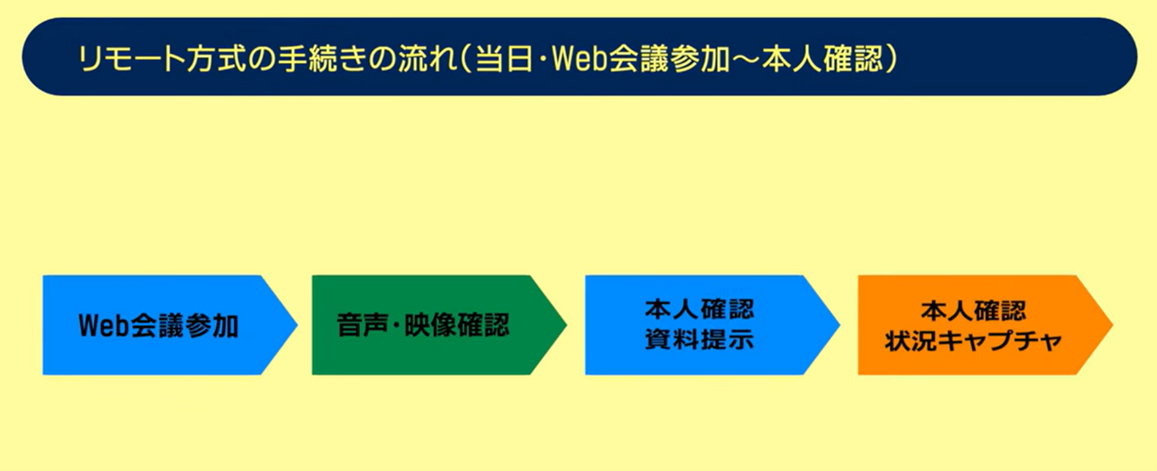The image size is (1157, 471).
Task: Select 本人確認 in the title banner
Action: pyautogui.click(x=823, y=59)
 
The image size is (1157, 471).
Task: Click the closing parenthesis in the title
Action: pyautogui.click(x=891, y=59)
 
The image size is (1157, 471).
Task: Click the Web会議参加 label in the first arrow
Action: pyautogui.click(x=158, y=326)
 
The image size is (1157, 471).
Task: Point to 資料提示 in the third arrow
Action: pyautogui.click(x=700, y=340)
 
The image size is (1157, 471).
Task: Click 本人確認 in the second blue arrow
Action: pyautogui.click(x=700, y=309)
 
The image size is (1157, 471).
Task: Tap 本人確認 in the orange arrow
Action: pyautogui.click(x=974, y=311)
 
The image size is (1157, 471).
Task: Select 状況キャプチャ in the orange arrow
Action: pyautogui.click(x=974, y=341)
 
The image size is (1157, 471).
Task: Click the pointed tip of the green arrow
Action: pyautogui.click(x=566, y=325)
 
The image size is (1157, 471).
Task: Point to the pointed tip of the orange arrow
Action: pyautogui.click(x=1112, y=325)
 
